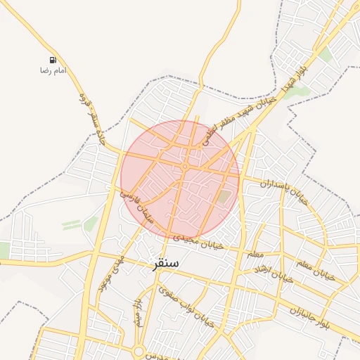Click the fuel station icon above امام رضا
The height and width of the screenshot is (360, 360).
pyautogui.click(x=53, y=61)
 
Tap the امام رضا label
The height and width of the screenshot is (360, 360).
pyautogui.click(x=53, y=71)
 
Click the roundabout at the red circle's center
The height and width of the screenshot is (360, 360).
pyautogui.click(x=184, y=167)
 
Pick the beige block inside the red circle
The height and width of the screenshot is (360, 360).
pyautogui.click(x=223, y=197)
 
